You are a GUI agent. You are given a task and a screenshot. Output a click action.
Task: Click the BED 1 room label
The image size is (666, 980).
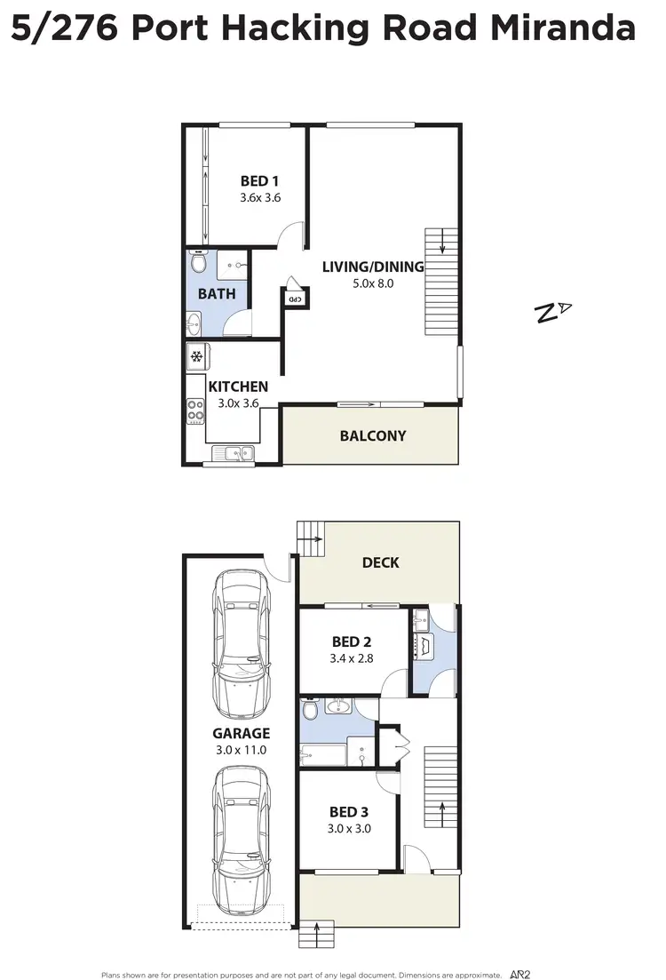point(259,182)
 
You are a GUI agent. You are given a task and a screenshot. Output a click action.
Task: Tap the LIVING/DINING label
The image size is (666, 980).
point(372,267)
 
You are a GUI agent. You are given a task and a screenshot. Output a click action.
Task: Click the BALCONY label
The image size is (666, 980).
point(372,435)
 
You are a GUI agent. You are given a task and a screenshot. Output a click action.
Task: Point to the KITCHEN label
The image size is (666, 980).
point(238,386)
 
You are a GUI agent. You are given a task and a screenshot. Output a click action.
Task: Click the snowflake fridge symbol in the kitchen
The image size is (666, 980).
point(197,358)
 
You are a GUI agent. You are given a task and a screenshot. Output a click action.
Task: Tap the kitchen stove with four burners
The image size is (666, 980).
point(196,410)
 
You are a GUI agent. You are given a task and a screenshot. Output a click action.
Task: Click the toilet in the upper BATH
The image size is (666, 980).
point(199,263)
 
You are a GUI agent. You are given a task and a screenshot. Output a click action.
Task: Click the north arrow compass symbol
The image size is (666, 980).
point(552,311)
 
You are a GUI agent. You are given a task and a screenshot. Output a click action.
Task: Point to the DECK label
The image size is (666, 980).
point(380,562)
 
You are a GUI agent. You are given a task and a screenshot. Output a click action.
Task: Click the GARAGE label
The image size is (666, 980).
point(241,733)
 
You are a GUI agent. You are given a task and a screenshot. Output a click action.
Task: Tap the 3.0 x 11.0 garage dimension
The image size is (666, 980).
point(241,750)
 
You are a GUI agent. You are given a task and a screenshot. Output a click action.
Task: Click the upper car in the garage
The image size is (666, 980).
point(241,644)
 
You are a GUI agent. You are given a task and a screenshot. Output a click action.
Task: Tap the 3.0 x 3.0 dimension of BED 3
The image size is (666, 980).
point(350,828)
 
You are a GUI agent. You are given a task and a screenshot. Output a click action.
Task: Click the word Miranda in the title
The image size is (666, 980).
point(569,29)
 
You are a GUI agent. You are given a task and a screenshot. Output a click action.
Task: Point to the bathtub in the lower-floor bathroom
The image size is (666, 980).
point(322,754)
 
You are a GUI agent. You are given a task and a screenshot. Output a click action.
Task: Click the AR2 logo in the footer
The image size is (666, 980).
point(521,974)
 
